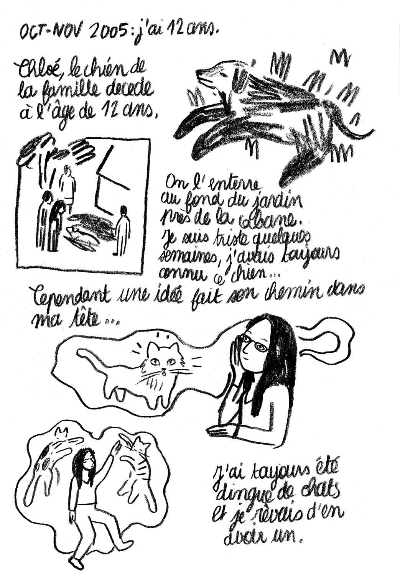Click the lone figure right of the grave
click(122, 230)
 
